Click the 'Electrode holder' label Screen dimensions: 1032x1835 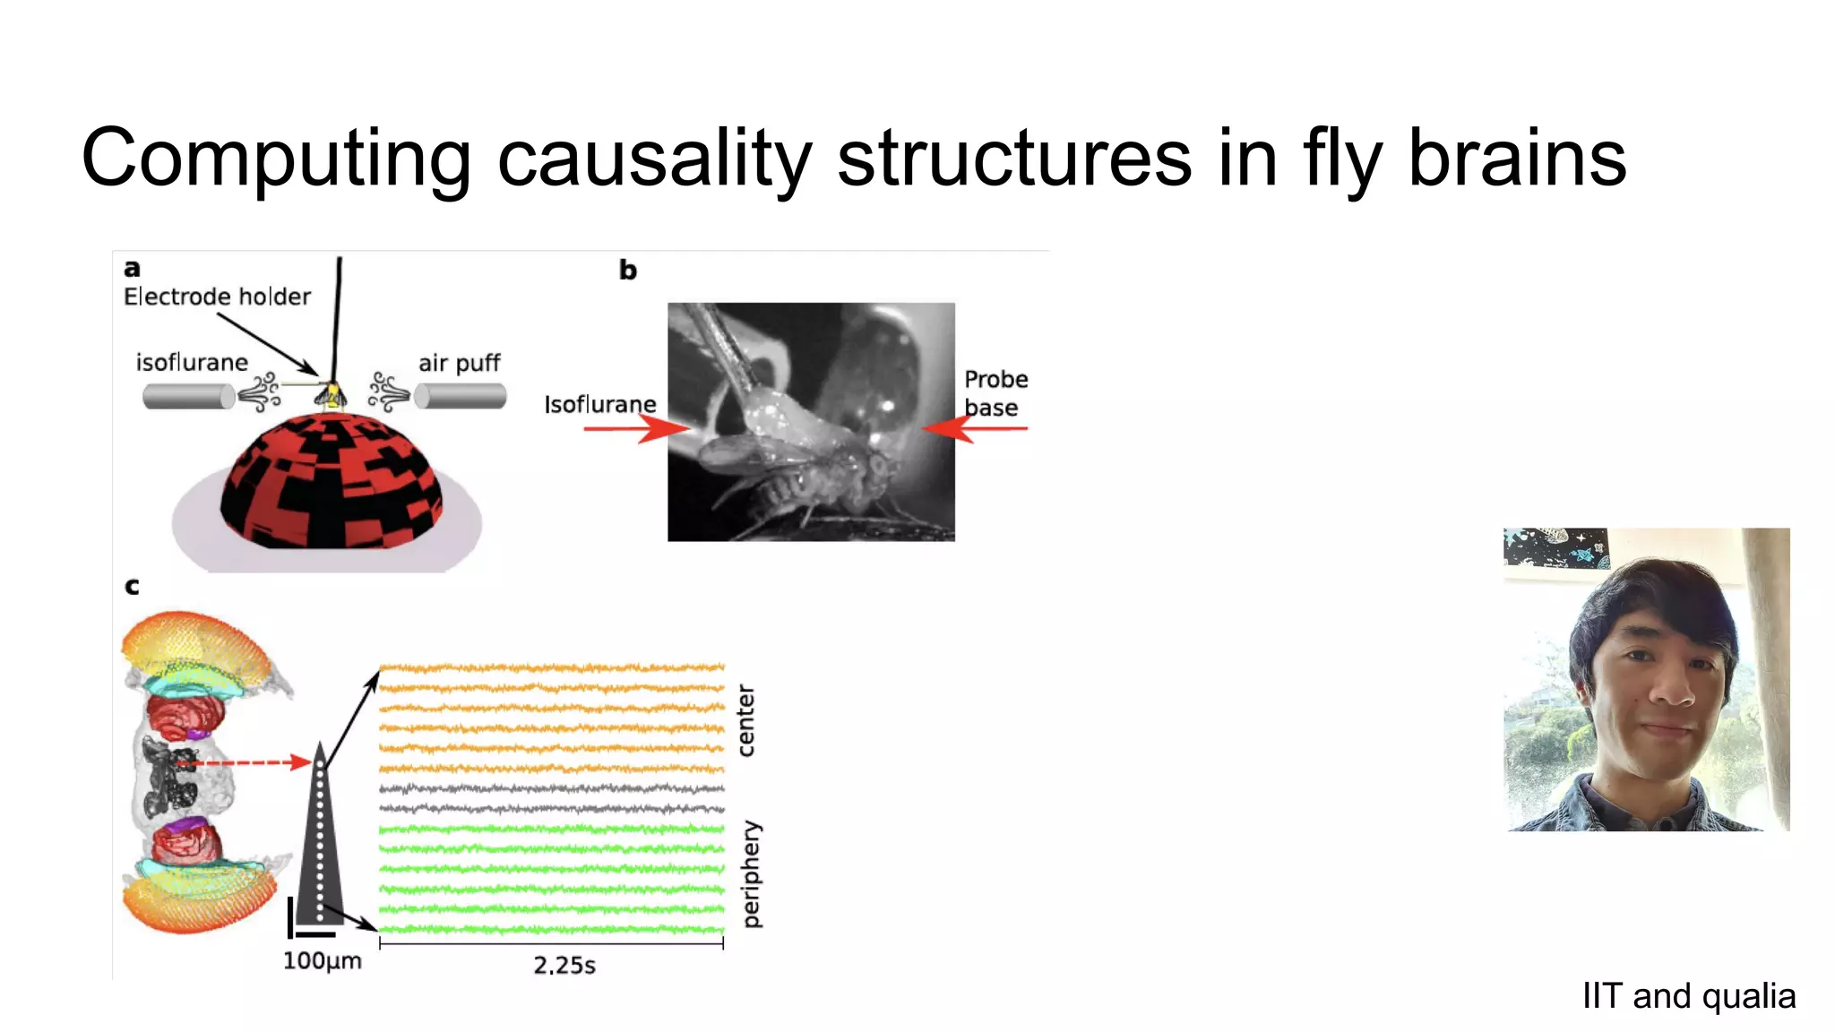point(217,297)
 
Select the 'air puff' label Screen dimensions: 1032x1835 point(459,363)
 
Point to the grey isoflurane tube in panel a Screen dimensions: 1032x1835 point(187,396)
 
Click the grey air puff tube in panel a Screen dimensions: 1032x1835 point(461,396)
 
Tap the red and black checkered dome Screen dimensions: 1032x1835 point(331,484)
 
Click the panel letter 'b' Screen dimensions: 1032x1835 point(627,270)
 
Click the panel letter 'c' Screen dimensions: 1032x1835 point(132,587)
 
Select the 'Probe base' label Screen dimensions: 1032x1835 point(995,392)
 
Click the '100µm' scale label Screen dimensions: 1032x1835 point(322,961)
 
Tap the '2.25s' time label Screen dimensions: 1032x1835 point(564,966)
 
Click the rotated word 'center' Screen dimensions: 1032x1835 point(745,721)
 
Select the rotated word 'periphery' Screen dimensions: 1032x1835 point(751,874)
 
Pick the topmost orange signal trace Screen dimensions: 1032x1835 point(551,667)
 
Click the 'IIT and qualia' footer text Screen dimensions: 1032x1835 point(1688,996)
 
